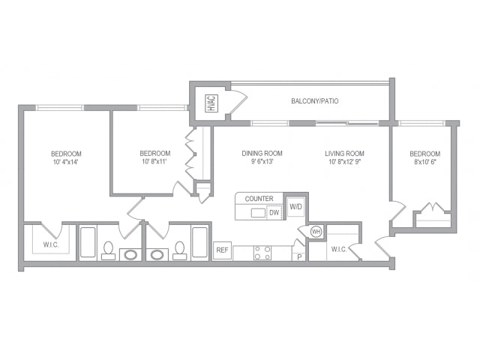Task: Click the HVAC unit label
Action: tap(212, 103)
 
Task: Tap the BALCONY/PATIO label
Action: tap(315, 101)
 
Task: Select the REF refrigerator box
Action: tap(222, 250)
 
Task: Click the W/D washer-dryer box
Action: tap(295, 207)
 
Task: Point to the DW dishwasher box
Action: tap(274, 212)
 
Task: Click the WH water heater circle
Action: tap(316, 232)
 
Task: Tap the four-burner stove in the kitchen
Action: tap(262, 253)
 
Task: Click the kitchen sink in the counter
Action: tap(258, 213)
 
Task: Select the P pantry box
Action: tap(299, 256)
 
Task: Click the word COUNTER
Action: tap(259, 199)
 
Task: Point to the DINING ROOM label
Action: tap(262, 153)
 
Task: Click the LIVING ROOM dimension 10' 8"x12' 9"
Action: tap(345, 162)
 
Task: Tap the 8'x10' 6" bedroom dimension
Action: tap(425, 162)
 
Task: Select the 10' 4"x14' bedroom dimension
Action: tap(66, 162)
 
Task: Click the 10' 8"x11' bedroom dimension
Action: tap(155, 162)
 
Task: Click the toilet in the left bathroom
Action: tap(108, 250)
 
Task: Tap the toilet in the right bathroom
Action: tap(179, 250)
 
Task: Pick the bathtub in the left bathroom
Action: tap(88, 242)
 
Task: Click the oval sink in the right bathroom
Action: tap(157, 254)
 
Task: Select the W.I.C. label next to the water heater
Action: tap(339, 250)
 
